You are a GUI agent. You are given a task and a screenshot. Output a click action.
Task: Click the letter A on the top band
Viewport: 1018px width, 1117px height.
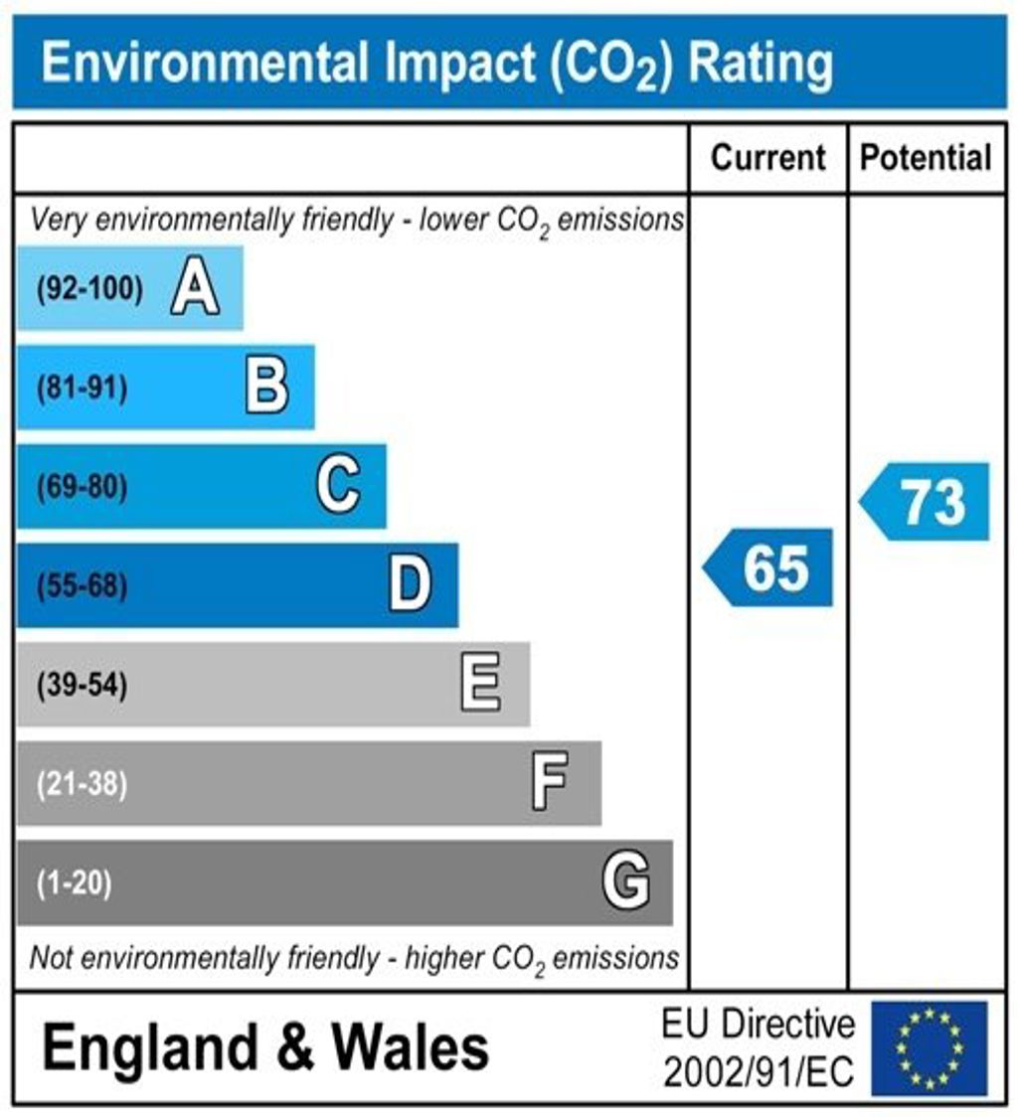(x=195, y=289)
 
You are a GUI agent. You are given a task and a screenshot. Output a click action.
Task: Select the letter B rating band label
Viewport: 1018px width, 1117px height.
(x=266, y=388)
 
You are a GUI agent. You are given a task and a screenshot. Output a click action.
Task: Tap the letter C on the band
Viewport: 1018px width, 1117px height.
(x=338, y=487)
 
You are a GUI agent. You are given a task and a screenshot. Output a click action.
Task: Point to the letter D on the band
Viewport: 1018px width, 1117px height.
(x=410, y=585)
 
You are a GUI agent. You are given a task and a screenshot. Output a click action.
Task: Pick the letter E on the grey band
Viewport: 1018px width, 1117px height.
(x=481, y=685)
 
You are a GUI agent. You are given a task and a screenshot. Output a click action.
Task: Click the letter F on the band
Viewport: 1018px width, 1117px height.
(x=550, y=783)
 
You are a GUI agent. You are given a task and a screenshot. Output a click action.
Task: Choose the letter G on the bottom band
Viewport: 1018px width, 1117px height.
(x=626, y=881)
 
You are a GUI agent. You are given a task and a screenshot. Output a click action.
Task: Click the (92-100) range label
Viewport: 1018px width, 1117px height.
(x=90, y=290)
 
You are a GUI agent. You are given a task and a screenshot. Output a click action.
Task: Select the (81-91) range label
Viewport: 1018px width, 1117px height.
(x=83, y=389)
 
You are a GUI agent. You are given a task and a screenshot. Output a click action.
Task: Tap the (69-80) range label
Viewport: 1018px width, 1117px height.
(x=83, y=488)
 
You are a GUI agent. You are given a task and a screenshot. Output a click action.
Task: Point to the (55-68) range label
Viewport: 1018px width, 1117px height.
(x=83, y=586)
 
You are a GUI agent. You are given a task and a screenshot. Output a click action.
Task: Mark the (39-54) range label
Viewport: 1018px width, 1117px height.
(x=83, y=686)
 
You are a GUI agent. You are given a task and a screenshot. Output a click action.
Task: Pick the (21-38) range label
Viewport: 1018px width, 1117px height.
(x=83, y=784)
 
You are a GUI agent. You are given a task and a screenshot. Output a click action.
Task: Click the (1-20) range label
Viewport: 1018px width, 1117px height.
(x=75, y=882)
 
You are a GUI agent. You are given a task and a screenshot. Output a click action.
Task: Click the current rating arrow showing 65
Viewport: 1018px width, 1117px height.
(x=769, y=568)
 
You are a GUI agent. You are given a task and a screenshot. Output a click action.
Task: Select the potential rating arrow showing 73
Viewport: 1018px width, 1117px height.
(x=926, y=502)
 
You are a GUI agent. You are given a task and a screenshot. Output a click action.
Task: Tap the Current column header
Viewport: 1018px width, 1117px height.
(x=768, y=158)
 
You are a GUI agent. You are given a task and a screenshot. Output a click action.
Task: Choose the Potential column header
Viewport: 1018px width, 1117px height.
(x=926, y=158)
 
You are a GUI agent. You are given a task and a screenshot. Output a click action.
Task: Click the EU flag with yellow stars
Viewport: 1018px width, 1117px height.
(x=929, y=1047)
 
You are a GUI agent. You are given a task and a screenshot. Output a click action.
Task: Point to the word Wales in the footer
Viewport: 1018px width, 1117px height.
(x=410, y=1047)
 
